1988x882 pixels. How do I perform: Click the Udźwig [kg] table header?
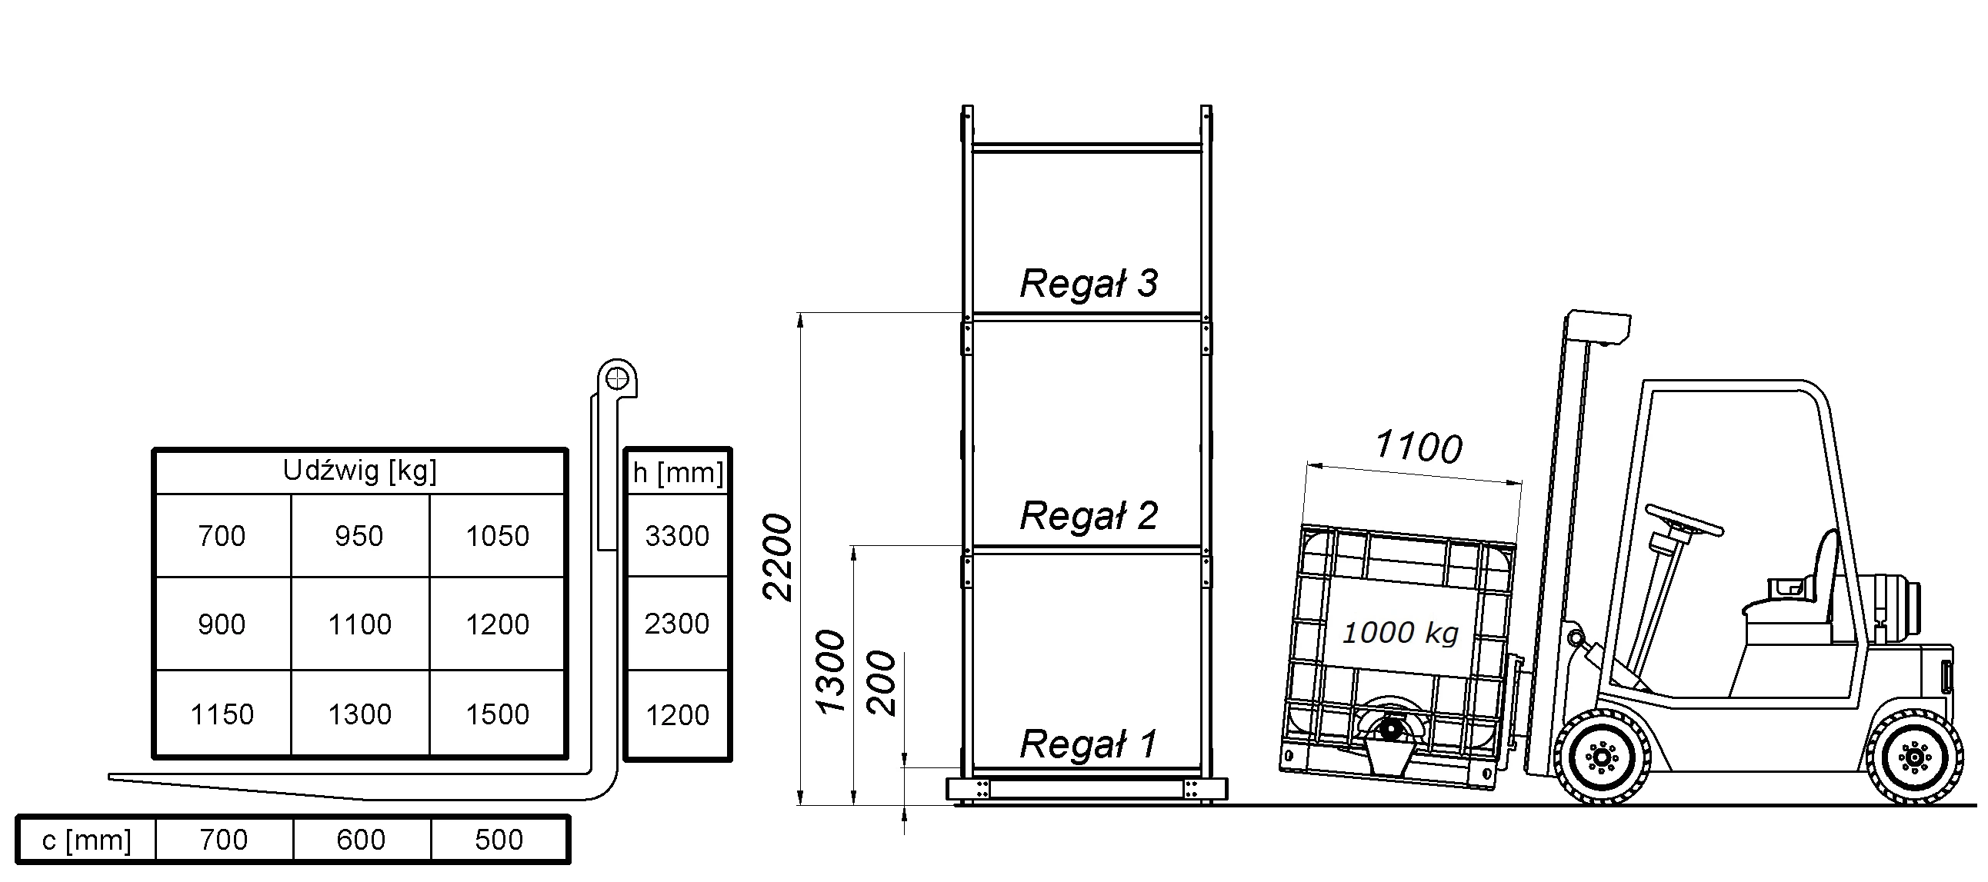(x=359, y=471)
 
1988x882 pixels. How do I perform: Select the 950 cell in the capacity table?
(x=359, y=536)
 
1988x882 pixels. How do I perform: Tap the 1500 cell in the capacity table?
(x=497, y=714)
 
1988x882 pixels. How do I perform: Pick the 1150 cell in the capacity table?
(x=222, y=714)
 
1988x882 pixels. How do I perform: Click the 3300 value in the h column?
(x=677, y=536)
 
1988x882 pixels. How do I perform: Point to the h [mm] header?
(x=678, y=473)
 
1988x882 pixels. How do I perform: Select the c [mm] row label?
(x=86, y=840)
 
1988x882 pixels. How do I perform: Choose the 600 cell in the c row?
(x=360, y=840)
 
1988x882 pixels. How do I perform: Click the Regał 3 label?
(x=1089, y=283)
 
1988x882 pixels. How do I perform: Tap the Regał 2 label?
(x=1089, y=515)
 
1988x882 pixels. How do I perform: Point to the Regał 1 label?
(x=1089, y=744)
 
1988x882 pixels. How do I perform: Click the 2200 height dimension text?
(x=777, y=557)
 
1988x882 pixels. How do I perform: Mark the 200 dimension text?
(x=882, y=684)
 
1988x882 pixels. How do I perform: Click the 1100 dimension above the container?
(x=1419, y=447)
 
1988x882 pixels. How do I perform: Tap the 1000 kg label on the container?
(x=1401, y=633)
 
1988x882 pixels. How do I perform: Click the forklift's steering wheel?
(x=1684, y=520)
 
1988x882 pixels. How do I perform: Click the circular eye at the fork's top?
(x=617, y=379)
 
